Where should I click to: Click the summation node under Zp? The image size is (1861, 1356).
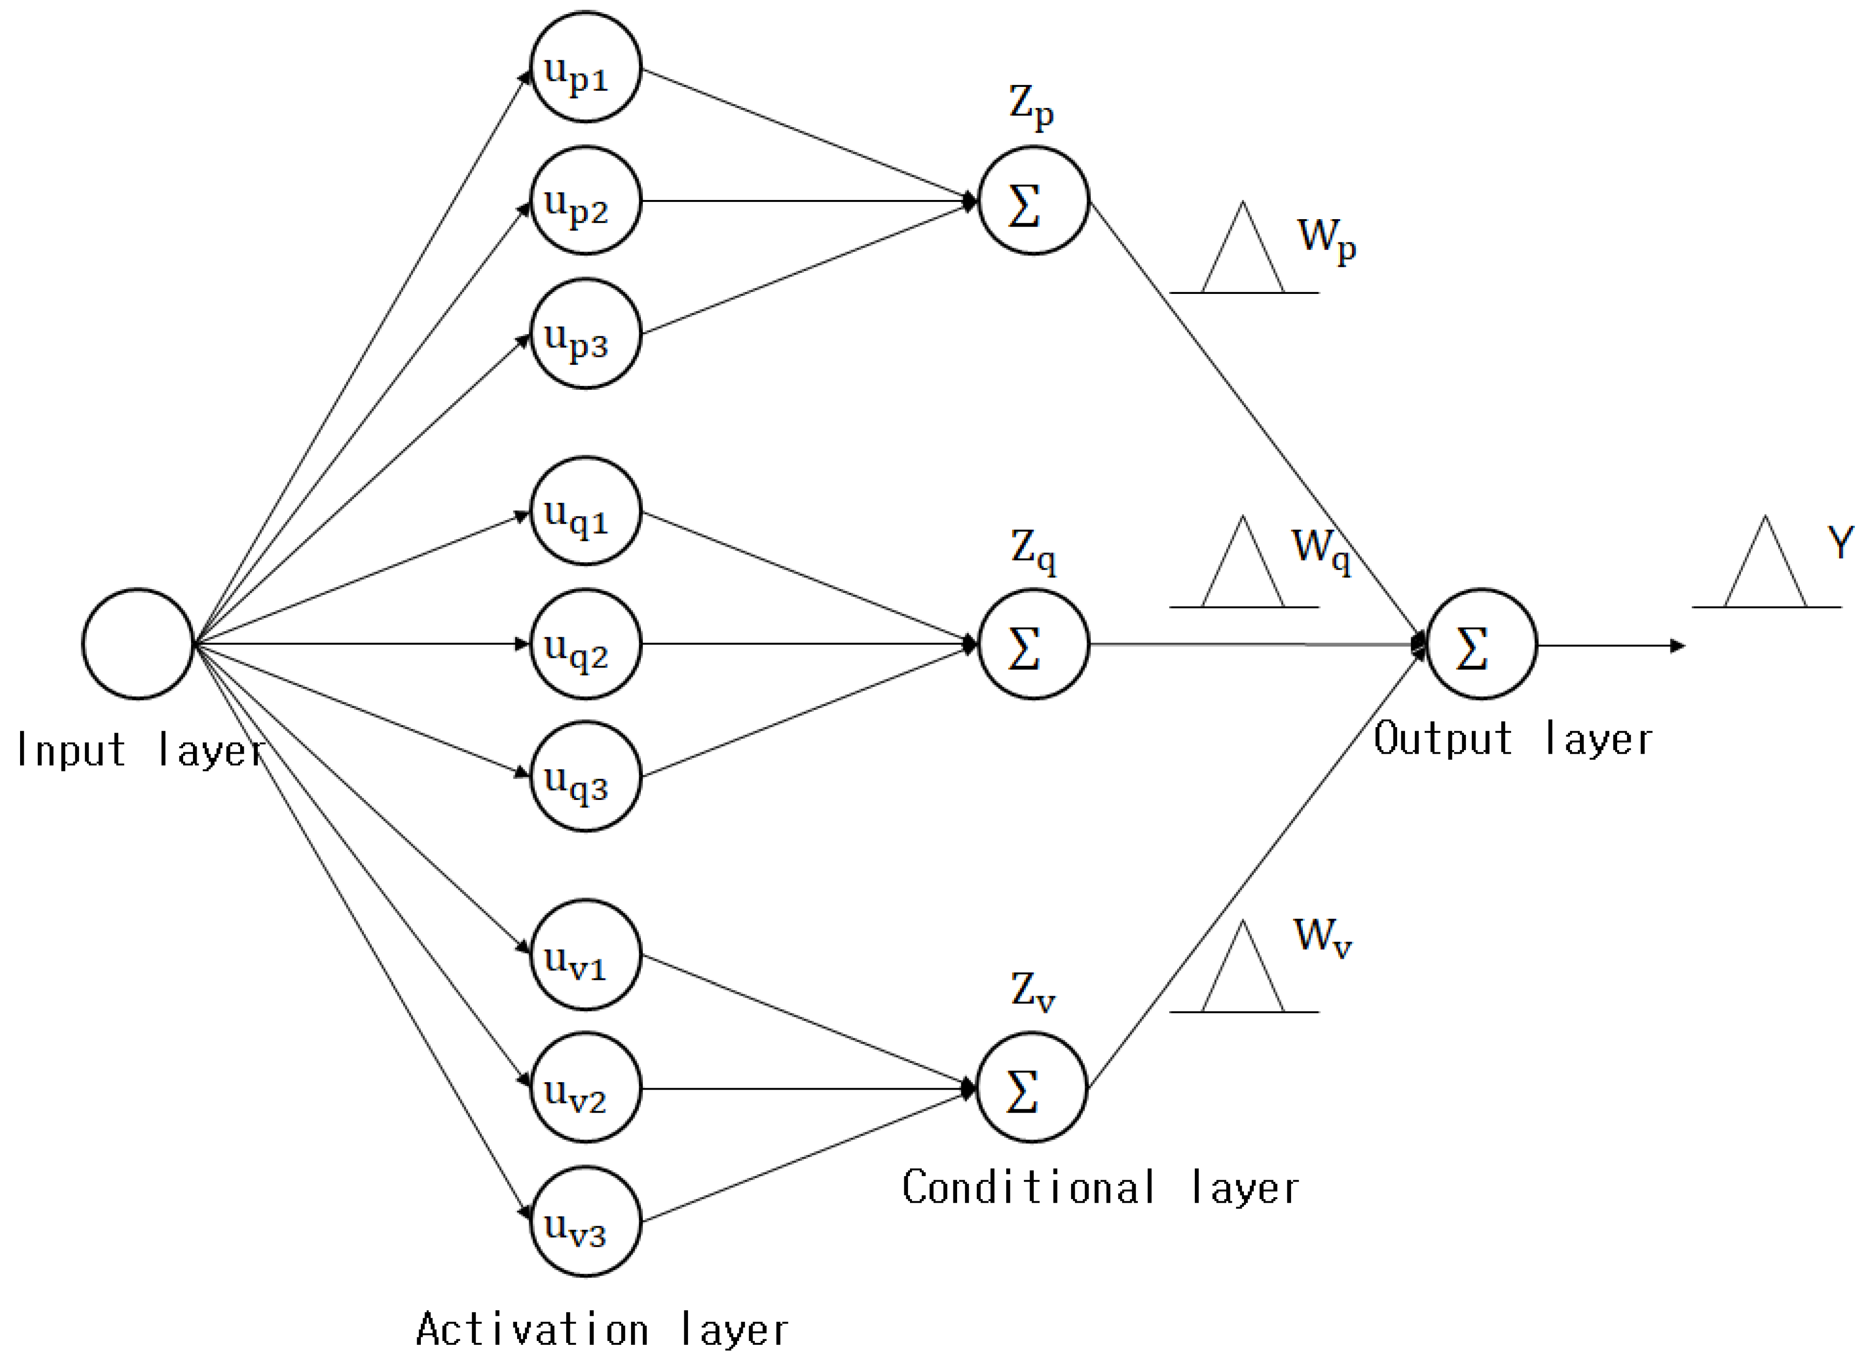tap(1033, 200)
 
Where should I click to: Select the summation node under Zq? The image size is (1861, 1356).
tap(1033, 644)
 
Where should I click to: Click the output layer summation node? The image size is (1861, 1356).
tap(1481, 644)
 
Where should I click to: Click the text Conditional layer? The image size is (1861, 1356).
tap(1100, 1188)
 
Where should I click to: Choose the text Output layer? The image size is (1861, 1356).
tap(1512, 739)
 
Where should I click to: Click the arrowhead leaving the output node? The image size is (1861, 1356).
tap(1677, 646)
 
